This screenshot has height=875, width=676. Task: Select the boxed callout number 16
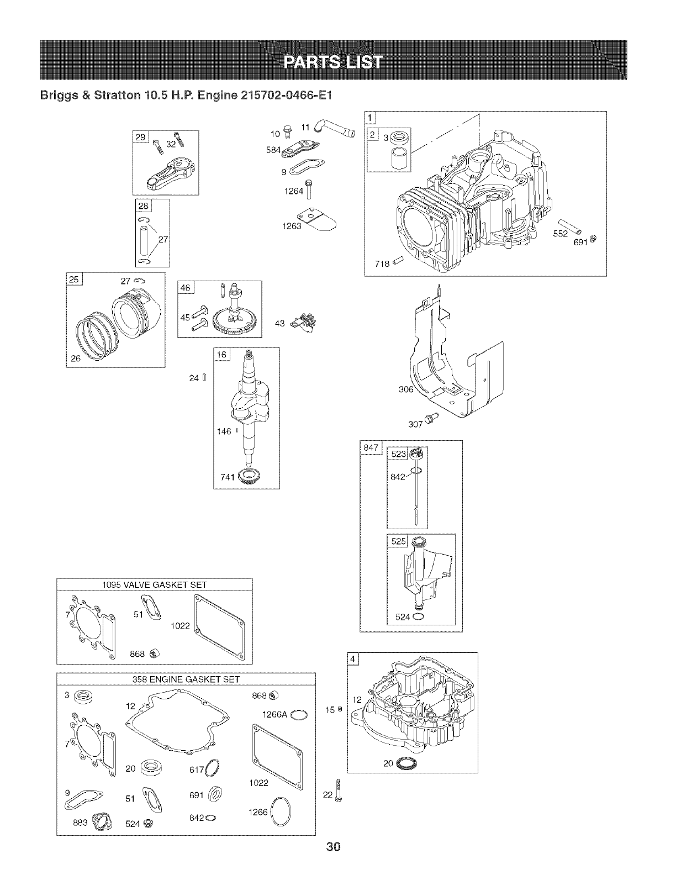[x=221, y=355]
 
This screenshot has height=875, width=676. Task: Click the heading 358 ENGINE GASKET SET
[x=186, y=679]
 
